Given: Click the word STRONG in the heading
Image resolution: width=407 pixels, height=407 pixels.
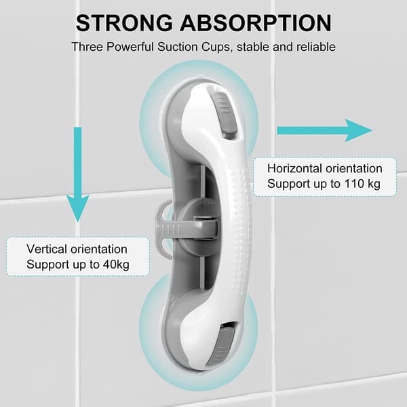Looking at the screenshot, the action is (x=124, y=23).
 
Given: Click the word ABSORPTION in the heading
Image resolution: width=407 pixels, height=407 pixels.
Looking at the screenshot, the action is (x=256, y=23).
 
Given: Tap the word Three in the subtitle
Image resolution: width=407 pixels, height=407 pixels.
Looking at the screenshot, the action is (x=87, y=47).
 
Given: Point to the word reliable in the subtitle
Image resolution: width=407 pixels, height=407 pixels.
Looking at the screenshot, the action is (x=316, y=47).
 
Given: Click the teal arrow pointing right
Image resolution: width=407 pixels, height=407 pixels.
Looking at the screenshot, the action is (x=324, y=130).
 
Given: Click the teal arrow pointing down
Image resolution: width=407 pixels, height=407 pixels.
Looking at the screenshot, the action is (x=77, y=174).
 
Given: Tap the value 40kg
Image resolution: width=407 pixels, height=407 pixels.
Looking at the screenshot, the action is (x=116, y=265).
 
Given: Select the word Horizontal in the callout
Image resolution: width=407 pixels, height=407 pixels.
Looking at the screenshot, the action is (x=295, y=169).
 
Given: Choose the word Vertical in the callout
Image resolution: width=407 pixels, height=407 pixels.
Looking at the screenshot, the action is (x=47, y=249).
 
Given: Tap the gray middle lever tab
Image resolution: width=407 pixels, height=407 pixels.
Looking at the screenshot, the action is (x=166, y=229).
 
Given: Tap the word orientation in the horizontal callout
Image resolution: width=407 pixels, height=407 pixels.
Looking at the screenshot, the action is (x=354, y=169).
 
